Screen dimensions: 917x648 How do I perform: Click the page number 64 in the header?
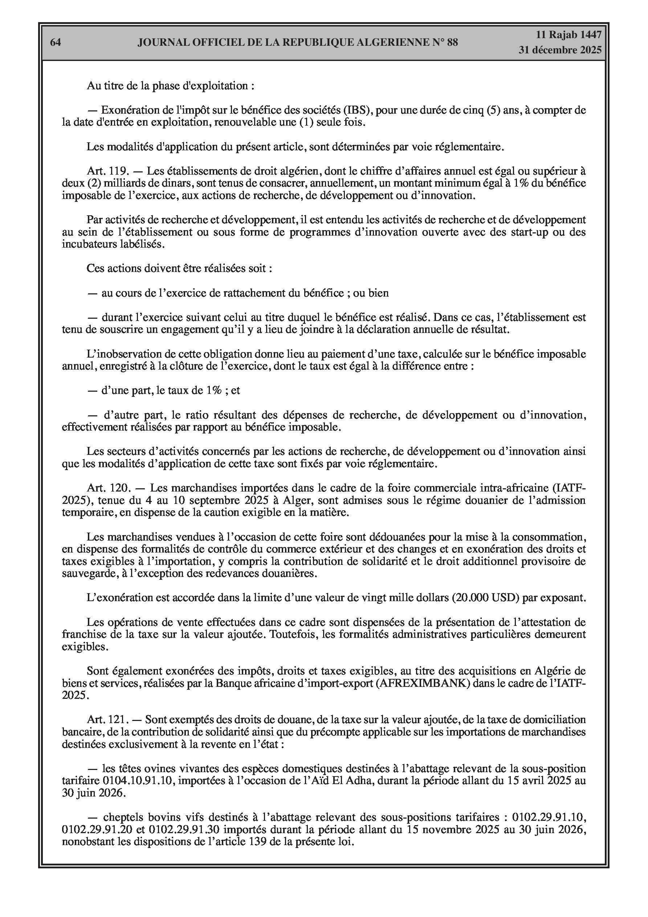[56, 42]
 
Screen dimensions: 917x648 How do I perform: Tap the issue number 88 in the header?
[452, 42]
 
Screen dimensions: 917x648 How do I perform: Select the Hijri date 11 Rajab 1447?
[568, 35]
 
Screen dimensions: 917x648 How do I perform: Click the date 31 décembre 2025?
[560, 50]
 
